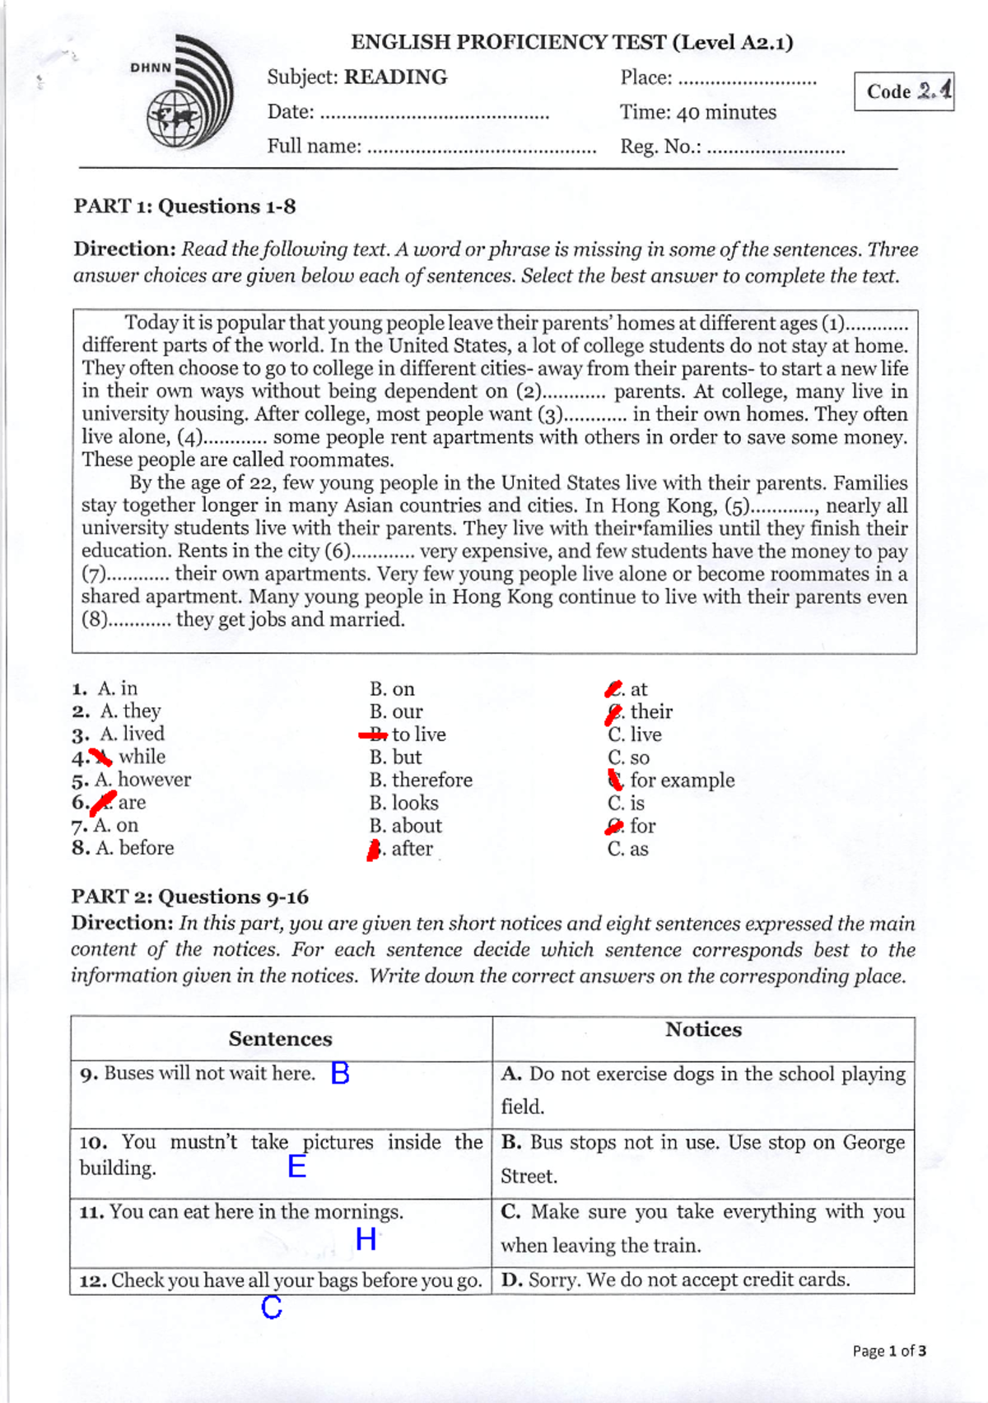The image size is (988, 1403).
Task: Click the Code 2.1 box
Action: pos(903,91)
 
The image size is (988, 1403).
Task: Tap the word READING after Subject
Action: pos(395,77)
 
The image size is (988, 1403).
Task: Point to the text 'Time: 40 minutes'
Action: pos(697,112)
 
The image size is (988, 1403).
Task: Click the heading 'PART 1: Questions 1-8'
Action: pos(184,206)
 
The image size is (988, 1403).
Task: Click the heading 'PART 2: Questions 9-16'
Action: pos(189,897)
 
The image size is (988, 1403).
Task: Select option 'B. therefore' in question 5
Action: pos(421,780)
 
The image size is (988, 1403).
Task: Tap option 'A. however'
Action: pos(142,779)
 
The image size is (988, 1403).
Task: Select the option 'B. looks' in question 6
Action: pos(403,803)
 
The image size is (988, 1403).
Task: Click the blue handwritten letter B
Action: pos(340,1073)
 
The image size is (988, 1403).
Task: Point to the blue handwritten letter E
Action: pos(297,1166)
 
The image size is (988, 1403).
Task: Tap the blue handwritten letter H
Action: pos(366,1238)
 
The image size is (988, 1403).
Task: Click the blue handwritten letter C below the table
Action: pos(272,1307)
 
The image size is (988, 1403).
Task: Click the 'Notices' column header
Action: pos(703,1030)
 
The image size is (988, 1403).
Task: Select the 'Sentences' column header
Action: pos(280,1039)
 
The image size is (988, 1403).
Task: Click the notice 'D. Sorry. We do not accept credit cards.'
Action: pos(675,1280)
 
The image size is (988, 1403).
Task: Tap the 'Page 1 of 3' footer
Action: pos(888,1351)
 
